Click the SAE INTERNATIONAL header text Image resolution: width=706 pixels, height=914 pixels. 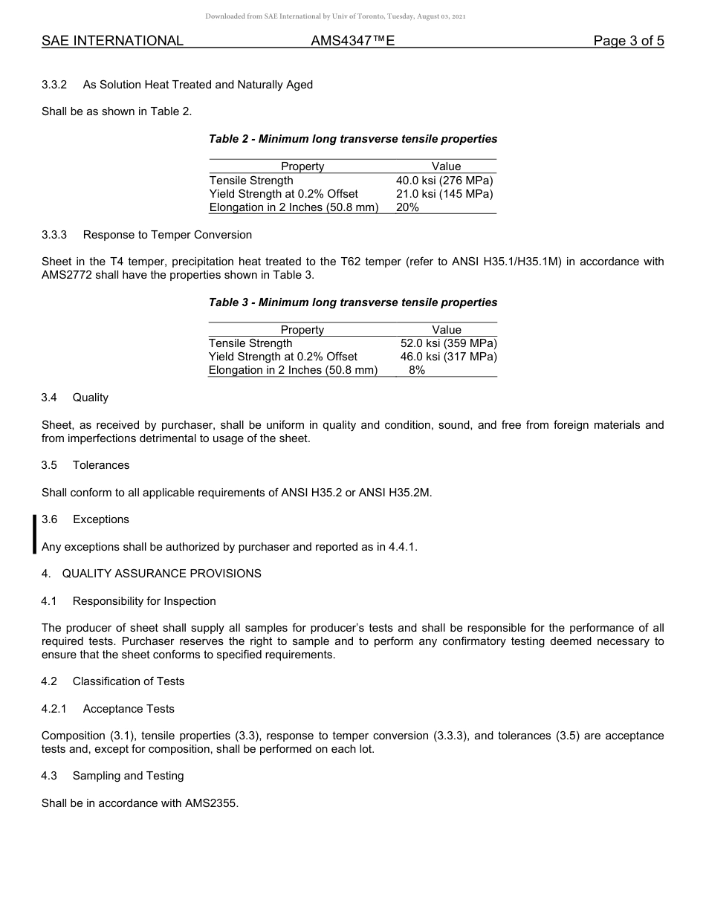tap(112, 41)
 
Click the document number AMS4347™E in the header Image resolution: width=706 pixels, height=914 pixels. tap(352, 41)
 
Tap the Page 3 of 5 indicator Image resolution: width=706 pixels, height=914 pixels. tap(628, 41)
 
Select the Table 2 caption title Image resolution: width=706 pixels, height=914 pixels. tap(353, 139)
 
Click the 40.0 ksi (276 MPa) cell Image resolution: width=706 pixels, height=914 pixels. tap(444, 181)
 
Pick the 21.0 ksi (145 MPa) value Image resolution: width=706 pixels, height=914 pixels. tap(444, 194)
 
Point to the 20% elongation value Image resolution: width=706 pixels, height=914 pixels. tap(407, 207)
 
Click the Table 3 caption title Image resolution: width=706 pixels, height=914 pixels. tap(353, 302)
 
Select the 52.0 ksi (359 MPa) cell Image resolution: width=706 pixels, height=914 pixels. tap(448, 343)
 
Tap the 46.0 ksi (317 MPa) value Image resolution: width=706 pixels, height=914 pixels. tap(448, 357)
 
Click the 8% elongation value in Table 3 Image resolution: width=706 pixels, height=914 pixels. tap(417, 370)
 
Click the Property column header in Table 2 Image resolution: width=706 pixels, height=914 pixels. tap(302, 166)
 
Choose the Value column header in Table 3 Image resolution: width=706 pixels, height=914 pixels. tap(447, 330)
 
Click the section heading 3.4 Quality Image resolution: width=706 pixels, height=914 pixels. tap(75, 398)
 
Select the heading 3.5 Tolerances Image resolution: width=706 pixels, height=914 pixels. tap(85, 465)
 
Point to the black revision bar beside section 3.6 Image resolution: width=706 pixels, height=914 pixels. tap(34, 534)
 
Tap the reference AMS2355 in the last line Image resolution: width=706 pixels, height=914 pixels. tap(210, 803)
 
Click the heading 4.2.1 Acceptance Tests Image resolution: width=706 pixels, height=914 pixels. tap(108, 709)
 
